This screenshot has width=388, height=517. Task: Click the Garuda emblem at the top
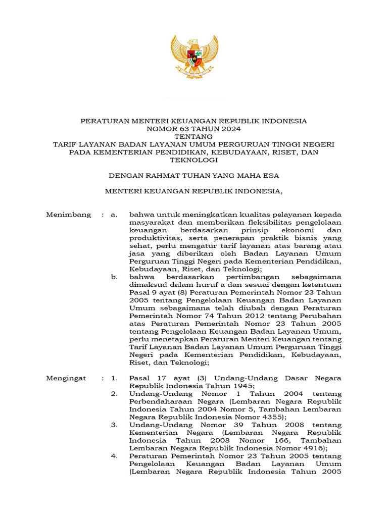click(194, 56)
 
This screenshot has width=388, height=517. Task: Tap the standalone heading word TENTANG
click(193, 136)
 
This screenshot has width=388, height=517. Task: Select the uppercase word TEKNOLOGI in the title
click(194, 160)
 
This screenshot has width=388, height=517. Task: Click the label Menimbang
click(69, 215)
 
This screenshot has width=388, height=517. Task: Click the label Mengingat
click(66, 378)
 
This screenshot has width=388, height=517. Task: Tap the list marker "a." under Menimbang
click(114, 215)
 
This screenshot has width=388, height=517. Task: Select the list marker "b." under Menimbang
click(115, 277)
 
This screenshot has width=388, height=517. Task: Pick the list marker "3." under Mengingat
click(115, 425)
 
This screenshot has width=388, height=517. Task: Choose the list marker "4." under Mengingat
click(115, 456)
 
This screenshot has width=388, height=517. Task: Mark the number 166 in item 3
click(264, 441)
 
